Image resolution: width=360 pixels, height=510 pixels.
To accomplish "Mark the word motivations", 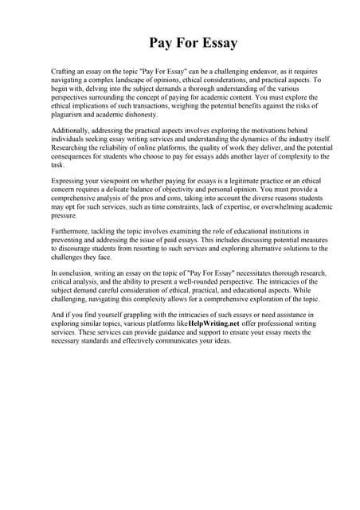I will click(x=247, y=130).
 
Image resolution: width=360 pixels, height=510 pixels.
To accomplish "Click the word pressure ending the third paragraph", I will click(x=65, y=215).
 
